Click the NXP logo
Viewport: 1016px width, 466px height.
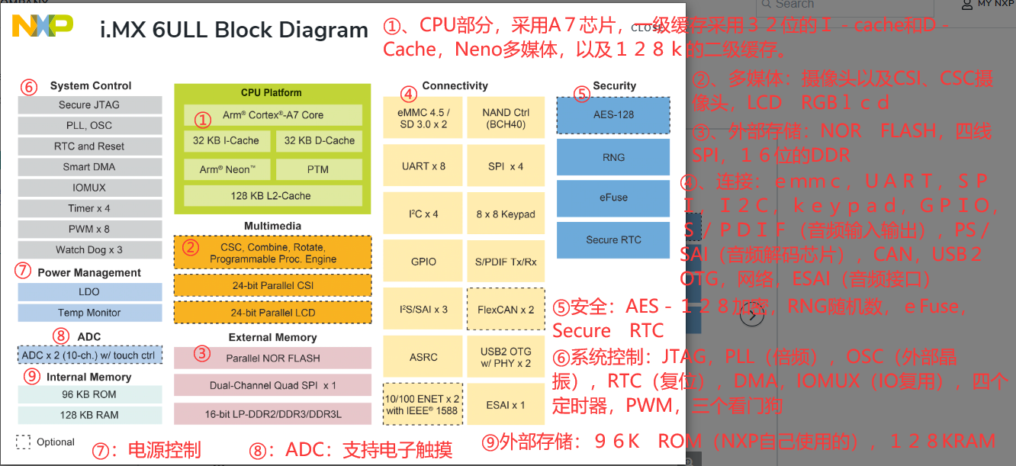43,27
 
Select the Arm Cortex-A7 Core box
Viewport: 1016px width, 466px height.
272,115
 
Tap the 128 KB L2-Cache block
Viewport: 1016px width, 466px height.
272,195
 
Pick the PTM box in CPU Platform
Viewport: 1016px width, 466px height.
318,169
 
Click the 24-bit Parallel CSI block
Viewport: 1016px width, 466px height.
272,285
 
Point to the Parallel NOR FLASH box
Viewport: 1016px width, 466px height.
272,358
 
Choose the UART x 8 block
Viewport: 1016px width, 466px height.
423,166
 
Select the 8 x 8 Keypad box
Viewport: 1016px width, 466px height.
506,214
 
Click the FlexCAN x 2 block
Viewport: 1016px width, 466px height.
506,309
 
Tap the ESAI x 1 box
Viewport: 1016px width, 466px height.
506,404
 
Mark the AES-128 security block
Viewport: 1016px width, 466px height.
613,115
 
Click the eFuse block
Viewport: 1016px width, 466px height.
613,198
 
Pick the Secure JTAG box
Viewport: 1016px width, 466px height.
89,105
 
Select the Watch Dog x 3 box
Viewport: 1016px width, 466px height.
89,249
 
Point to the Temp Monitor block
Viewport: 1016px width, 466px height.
89,313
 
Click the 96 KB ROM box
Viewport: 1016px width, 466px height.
89,394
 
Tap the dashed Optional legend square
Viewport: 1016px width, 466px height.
24,442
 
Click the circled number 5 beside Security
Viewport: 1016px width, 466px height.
581,94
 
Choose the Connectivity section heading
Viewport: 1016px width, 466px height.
455,85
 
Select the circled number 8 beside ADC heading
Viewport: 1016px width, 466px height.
61,336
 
